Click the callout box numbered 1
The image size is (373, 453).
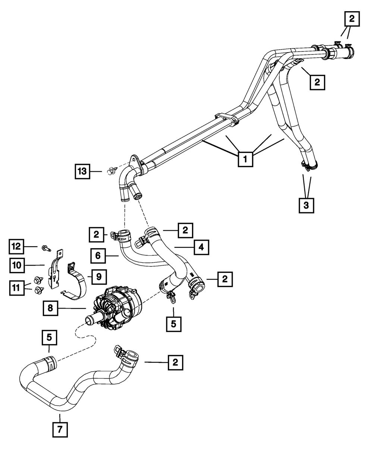(x=245, y=159)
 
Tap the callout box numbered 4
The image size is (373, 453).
(x=201, y=247)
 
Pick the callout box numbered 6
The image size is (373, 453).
(x=98, y=256)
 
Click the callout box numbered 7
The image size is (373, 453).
(x=60, y=429)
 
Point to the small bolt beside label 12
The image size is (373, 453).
(x=45, y=247)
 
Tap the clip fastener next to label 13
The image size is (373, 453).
(x=110, y=172)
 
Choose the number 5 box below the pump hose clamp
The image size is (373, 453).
(x=173, y=324)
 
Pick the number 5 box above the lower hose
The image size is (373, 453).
(x=49, y=338)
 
